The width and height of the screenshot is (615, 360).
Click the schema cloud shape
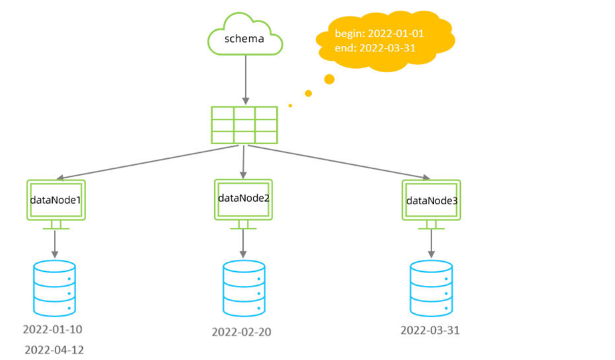point(244,39)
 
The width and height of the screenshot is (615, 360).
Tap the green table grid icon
point(244,124)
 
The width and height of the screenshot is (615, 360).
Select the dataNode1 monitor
point(55,201)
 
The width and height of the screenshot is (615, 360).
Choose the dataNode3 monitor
point(431,201)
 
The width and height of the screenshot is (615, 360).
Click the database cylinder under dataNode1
point(55,288)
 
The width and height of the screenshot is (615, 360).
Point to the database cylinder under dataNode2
point(243,289)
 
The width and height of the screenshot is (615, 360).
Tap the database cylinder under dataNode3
point(431,288)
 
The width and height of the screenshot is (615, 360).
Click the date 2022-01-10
point(53,329)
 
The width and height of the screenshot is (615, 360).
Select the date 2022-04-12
point(54,349)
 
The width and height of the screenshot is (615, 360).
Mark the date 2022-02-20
point(242,331)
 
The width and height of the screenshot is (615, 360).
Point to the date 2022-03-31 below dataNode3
point(430,330)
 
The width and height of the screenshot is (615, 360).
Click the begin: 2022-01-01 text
point(379,33)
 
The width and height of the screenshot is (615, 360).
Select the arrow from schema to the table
point(244,79)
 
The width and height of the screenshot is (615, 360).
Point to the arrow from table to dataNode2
point(243,160)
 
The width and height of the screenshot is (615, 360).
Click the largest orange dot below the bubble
point(329,79)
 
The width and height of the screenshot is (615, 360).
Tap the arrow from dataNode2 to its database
point(243,244)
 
